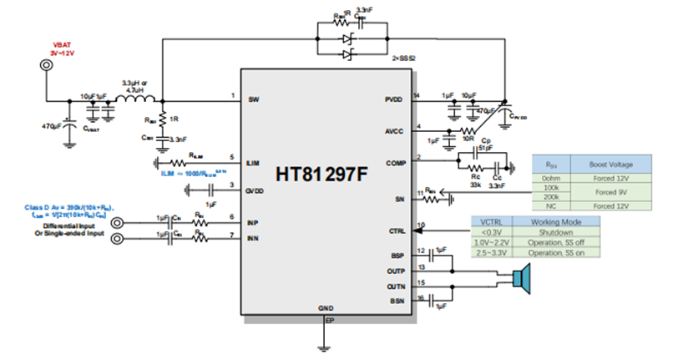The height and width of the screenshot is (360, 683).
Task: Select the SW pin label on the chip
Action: click(254, 99)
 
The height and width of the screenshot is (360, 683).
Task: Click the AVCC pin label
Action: click(396, 131)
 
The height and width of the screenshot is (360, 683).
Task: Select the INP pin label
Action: click(254, 221)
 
